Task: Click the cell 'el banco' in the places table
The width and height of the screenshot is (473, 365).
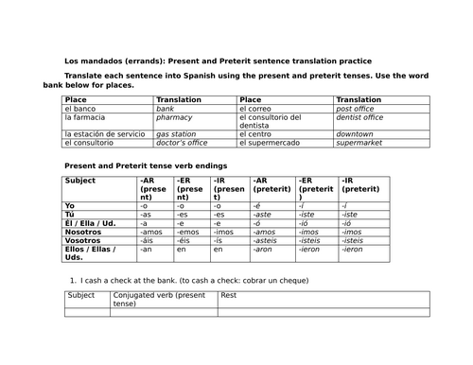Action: pyautogui.click(x=80, y=109)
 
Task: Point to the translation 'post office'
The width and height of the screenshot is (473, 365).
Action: pyautogui.click(x=355, y=109)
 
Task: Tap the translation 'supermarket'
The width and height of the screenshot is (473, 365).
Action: pyautogui.click(x=359, y=143)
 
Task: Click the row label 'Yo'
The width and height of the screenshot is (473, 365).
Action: pyautogui.click(x=69, y=205)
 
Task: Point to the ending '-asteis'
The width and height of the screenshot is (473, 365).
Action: pyautogui.click(x=267, y=239)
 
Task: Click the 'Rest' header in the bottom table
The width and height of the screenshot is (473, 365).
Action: pyautogui.click(x=228, y=295)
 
